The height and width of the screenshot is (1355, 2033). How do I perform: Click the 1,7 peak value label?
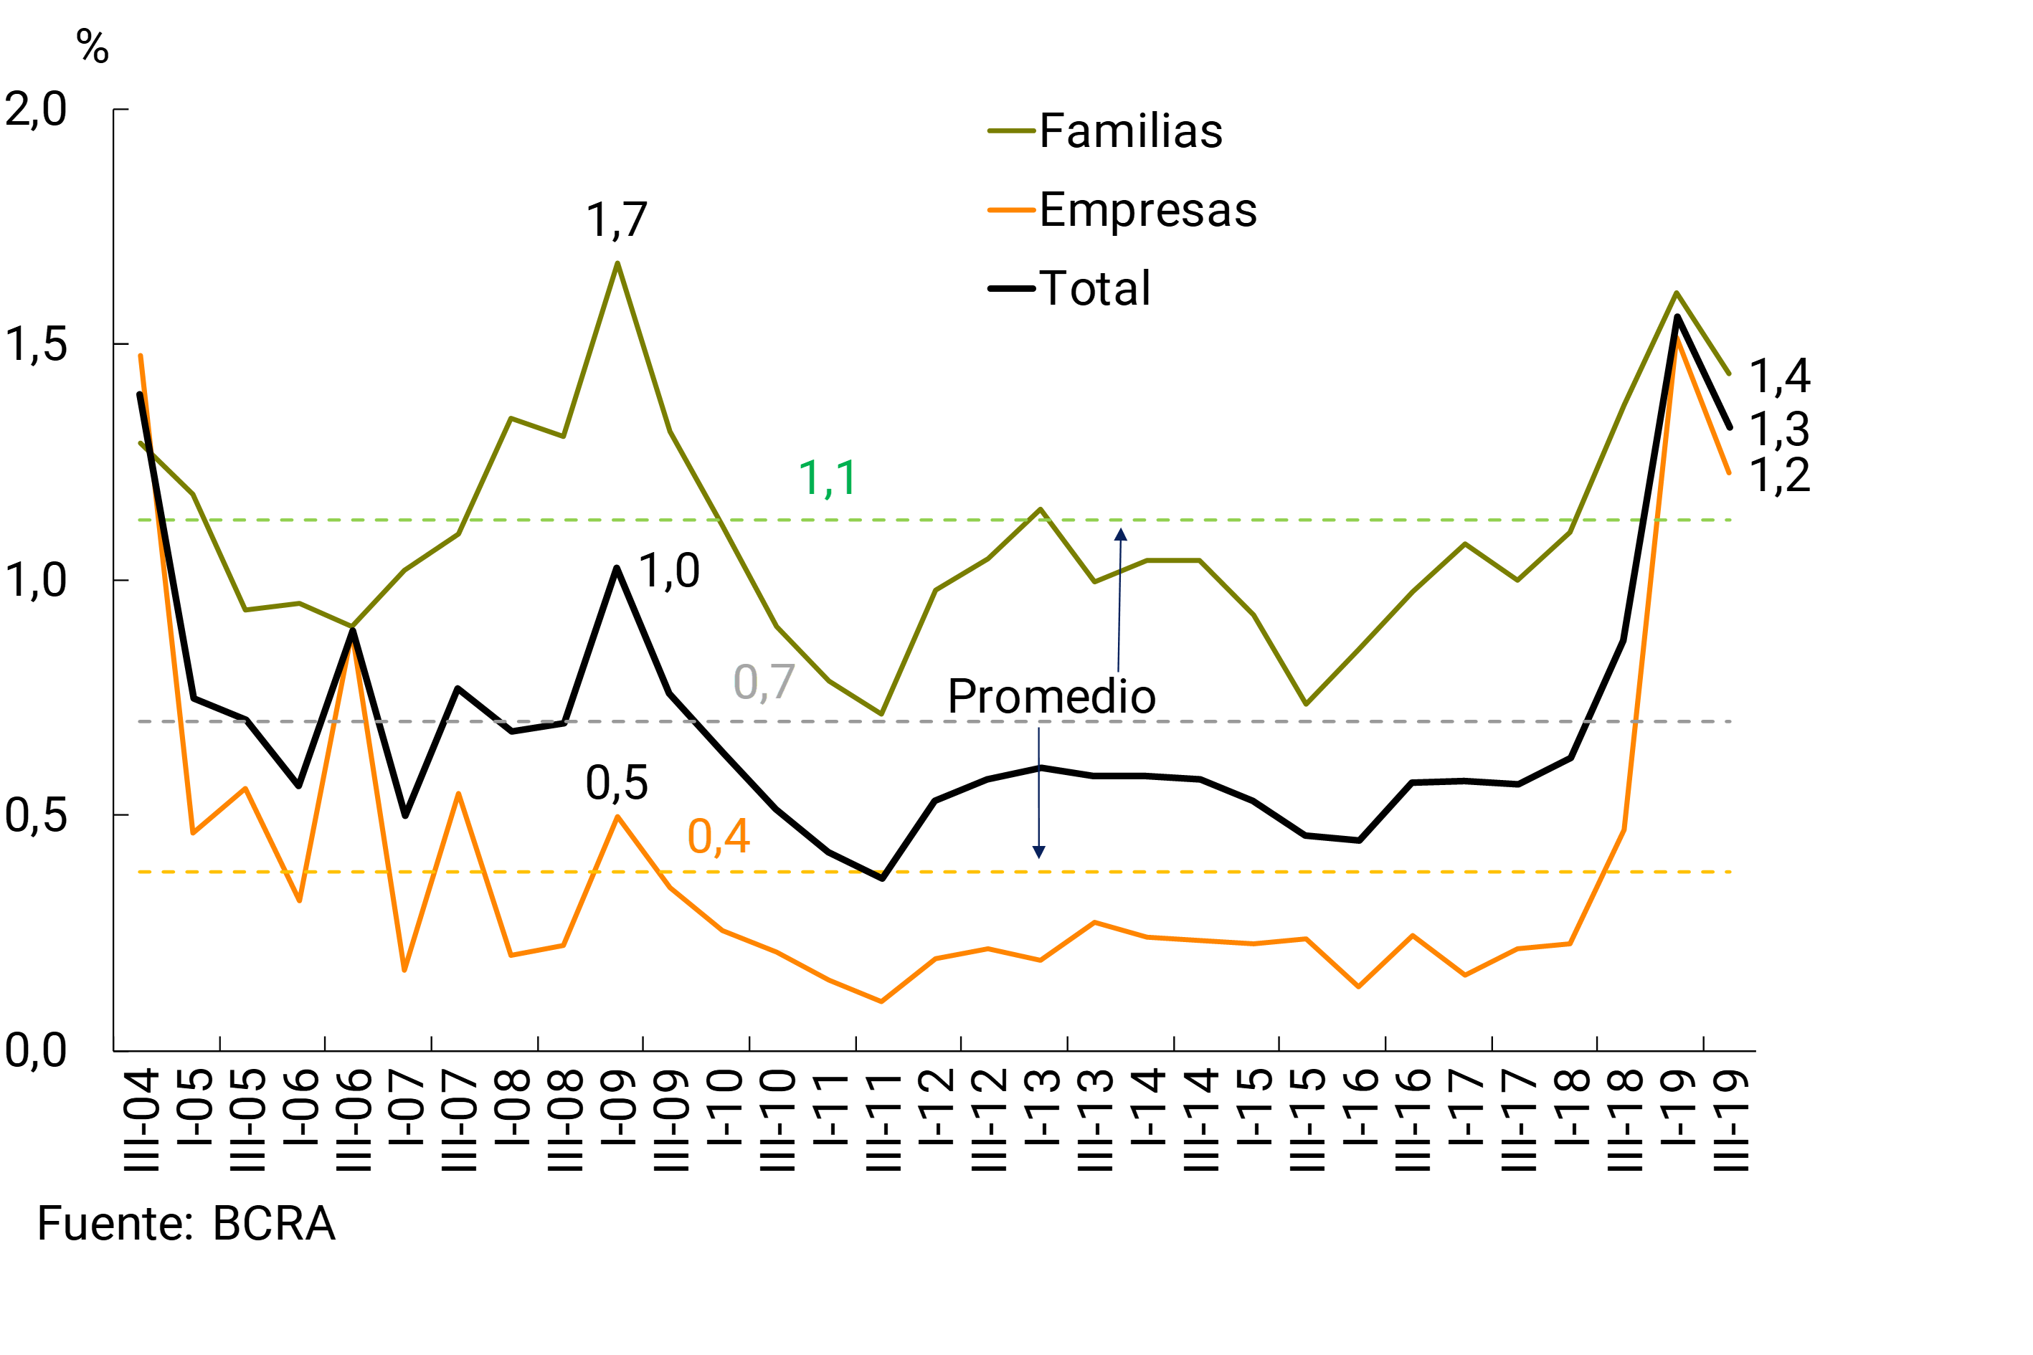click(x=616, y=220)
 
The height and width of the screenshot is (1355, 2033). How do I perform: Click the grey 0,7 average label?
click(x=763, y=683)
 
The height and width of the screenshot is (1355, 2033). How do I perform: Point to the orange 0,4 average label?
click(x=719, y=837)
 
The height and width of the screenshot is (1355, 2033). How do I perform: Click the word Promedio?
click(x=1051, y=697)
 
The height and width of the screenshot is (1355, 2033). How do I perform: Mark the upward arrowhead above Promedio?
click(x=1120, y=535)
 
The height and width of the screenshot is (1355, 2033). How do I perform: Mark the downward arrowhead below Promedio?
click(x=1039, y=852)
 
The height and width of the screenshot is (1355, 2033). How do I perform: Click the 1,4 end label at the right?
click(x=1779, y=376)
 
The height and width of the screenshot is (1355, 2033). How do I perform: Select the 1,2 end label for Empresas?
click(x=1779, y=475)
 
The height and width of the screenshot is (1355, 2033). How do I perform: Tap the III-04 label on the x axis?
click(x=141, y=1119)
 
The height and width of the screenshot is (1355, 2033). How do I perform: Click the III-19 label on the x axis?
click(x=1730, y=1119)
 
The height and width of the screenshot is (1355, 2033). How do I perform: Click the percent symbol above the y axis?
click(x=93, y=46)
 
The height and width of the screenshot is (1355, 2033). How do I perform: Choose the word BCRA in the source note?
click(x=274, y=1224)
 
